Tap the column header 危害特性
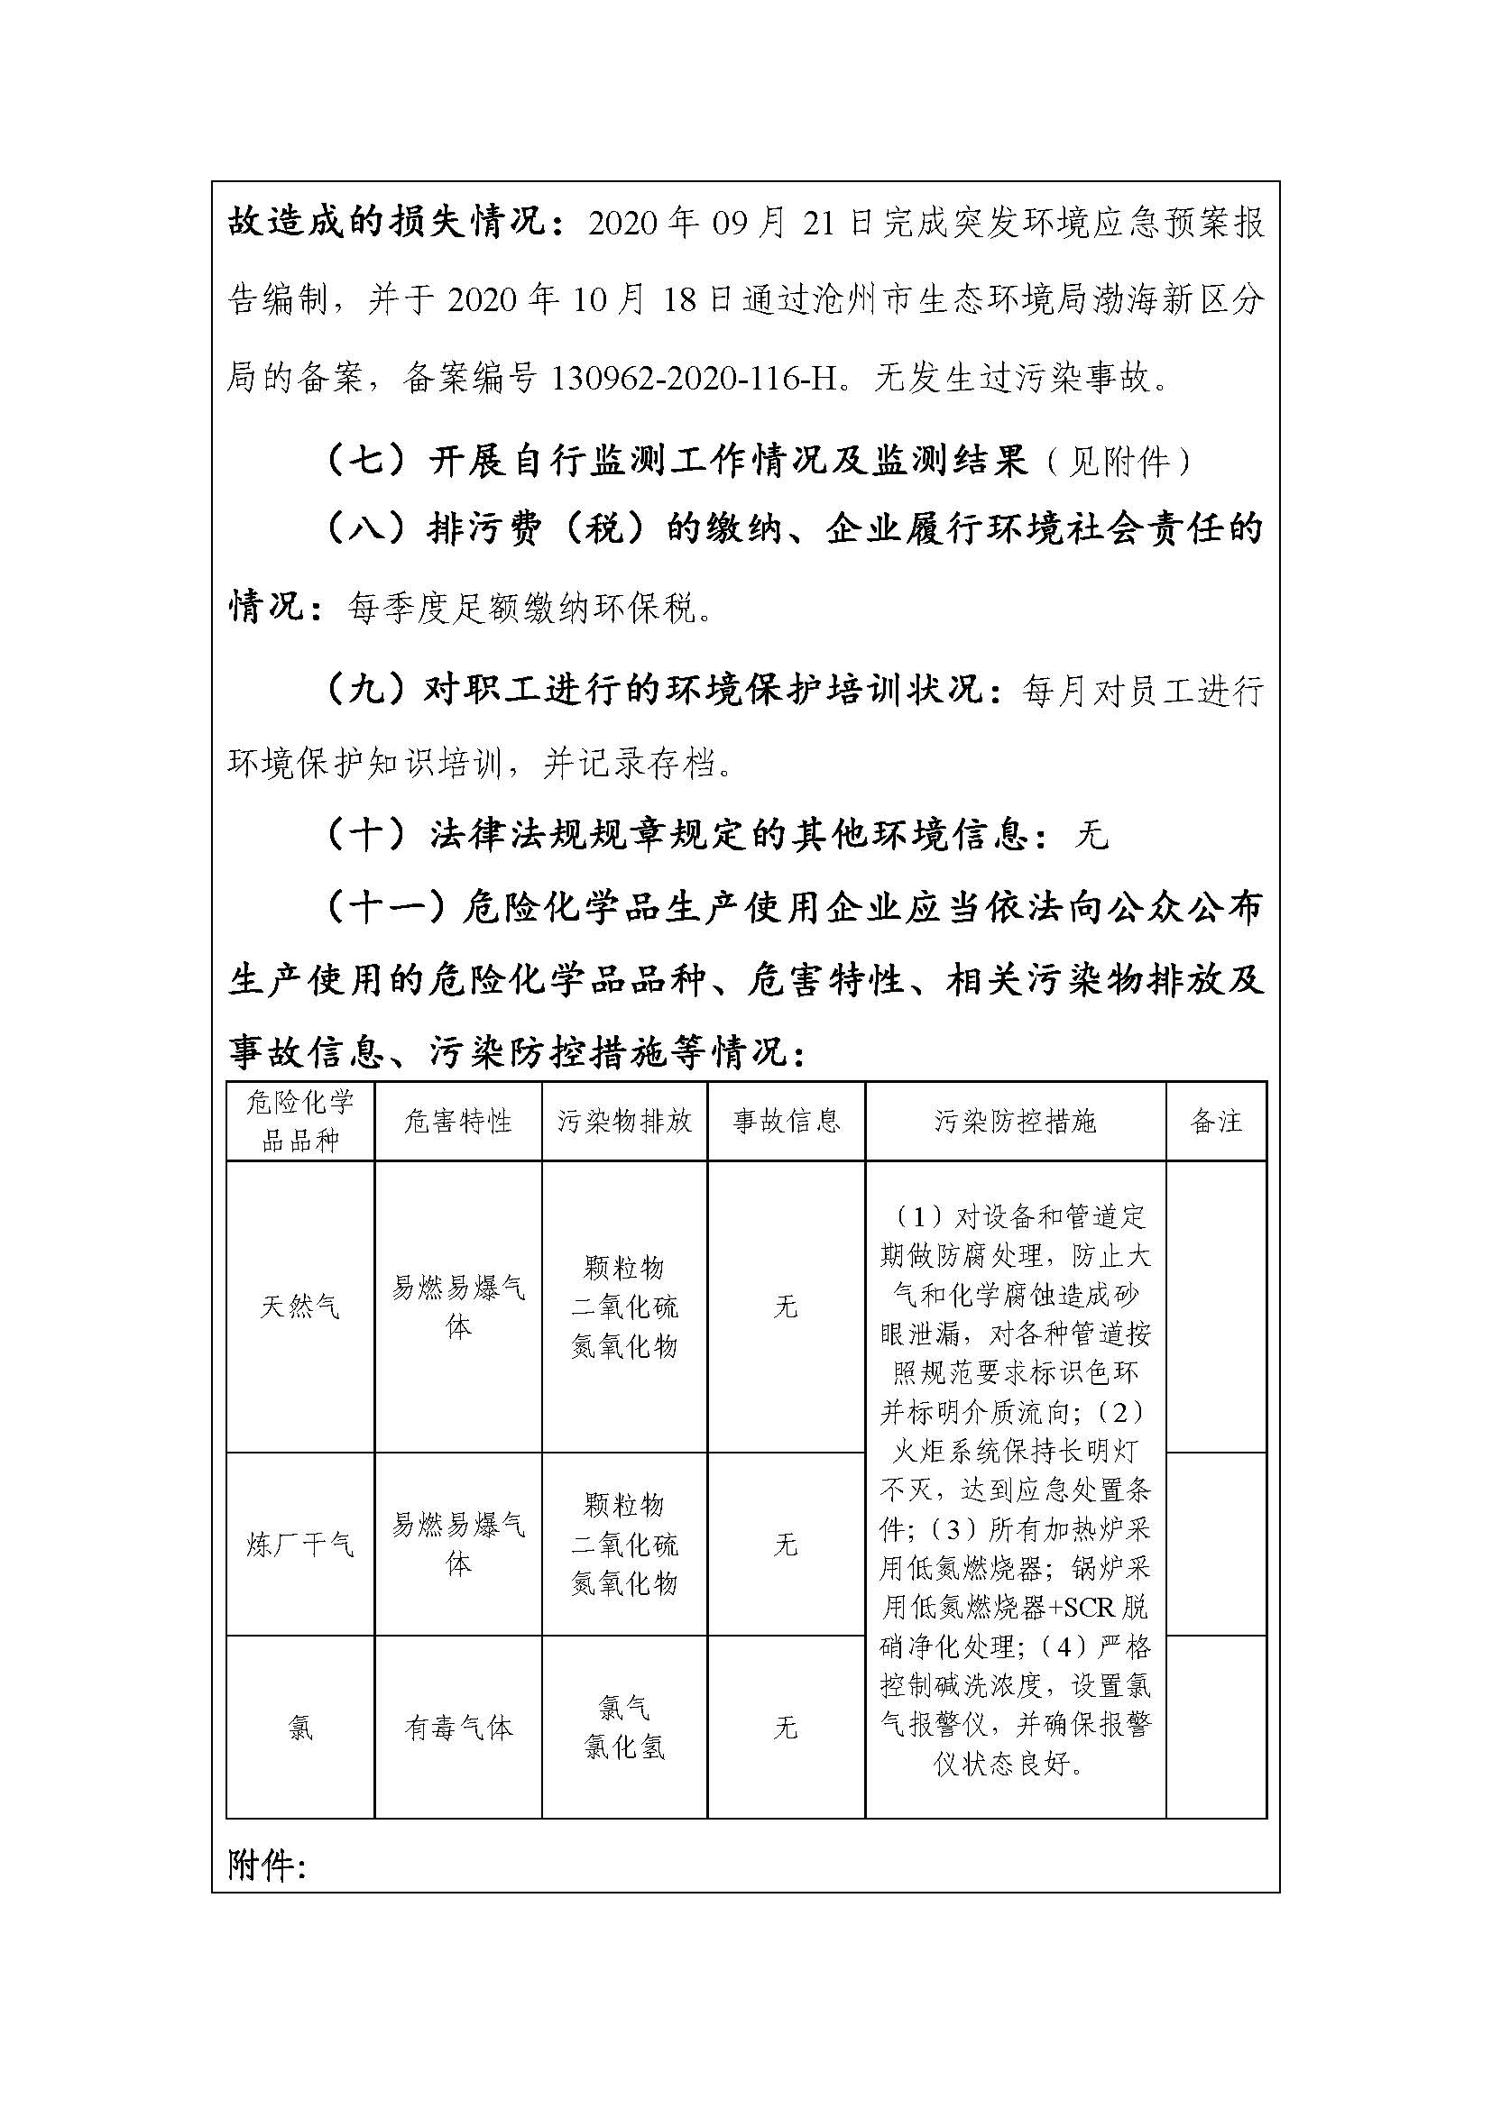[457, 1122]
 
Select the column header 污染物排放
[624, 1122]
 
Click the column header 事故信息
[786, 1122]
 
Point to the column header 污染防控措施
[1015, 1122]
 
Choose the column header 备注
[1215, 1122]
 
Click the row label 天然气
[300, 1307]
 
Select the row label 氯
[300, 1728]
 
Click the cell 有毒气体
[457, 1728]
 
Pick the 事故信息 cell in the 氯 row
[786, 1728]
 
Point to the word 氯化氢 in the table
[624, 1747]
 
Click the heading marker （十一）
[386, 909]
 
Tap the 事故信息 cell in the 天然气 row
[786, 1307]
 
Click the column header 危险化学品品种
[300, 1122]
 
